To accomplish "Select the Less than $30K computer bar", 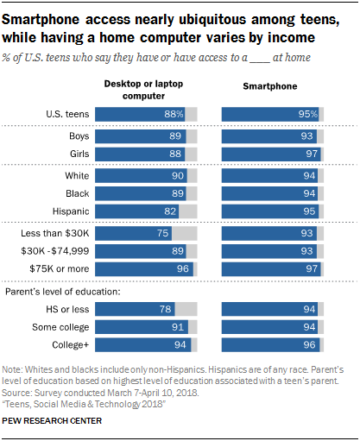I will coord(134,234).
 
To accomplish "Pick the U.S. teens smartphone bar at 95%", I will coord(270,114).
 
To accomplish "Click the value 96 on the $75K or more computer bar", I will coord(182,268).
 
